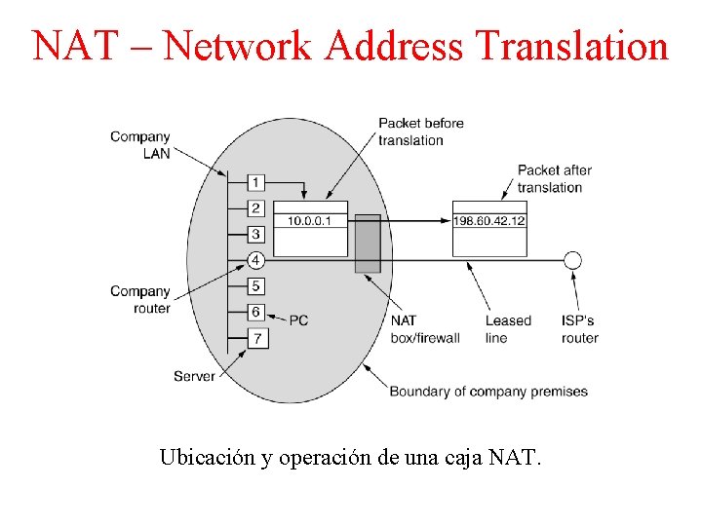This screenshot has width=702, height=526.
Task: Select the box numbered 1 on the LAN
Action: click(x=255, y=182)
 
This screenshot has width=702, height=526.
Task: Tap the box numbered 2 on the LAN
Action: click(x=255, y=208)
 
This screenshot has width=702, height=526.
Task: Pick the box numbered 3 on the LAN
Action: click(x=255, y=234)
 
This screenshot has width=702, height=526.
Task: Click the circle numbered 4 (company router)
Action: click(x=255, y=260)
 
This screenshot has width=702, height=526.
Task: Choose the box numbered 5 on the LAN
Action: click(x=255, y=286)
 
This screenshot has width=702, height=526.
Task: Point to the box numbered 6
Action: click(x=255, y=312)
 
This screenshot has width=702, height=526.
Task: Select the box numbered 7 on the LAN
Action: click(x=255, y=338)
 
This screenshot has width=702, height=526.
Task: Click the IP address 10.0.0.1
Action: click(x=310, y=221)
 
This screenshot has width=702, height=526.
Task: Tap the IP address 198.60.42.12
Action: click(x=489, y=221)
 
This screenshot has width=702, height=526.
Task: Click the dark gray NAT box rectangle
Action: click(x=368, y=244)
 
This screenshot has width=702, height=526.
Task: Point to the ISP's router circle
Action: click(x=573, y=260)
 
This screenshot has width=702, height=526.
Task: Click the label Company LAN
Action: click(x=140, y=144)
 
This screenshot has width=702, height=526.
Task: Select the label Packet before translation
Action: click(x=420, y=131)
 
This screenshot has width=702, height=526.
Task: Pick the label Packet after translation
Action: click(x=554, y=178)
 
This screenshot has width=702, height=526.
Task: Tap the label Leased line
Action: click(x=508, y=329)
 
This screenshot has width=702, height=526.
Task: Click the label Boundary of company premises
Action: click(x=488, y=392)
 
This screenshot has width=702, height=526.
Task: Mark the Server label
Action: click(x=194, y=376)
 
